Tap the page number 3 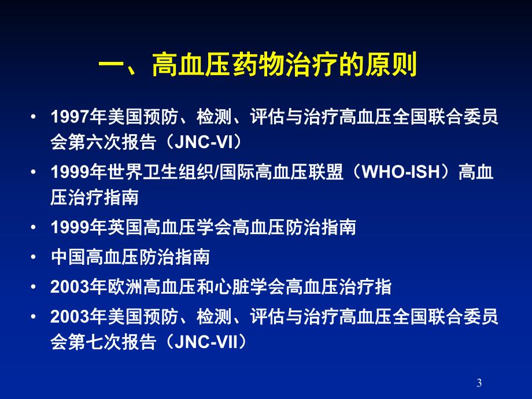(x=479, y=382)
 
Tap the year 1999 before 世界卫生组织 (x=69, y=172)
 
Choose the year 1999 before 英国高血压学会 (x=69, y=228)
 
